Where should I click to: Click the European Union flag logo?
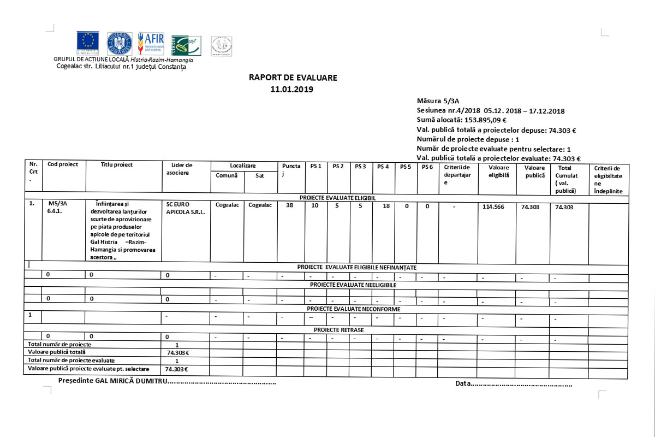pyautogui.click(x=88, y=43)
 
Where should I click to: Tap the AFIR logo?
pyautogui.click(x=151, y=43)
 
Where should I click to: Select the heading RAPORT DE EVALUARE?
pyautogui.click(x=293, y=78)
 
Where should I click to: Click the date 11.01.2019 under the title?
pyautogui.click(x=293, y=89)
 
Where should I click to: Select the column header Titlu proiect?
pyautogui.click(x=117, y=164)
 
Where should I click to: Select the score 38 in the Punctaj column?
pyautogui.click(x=289, y=206)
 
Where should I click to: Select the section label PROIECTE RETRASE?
pyautogui.click(x=338, y=330)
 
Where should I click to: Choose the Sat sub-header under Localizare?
pyautogui.click(x=259, y=175)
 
